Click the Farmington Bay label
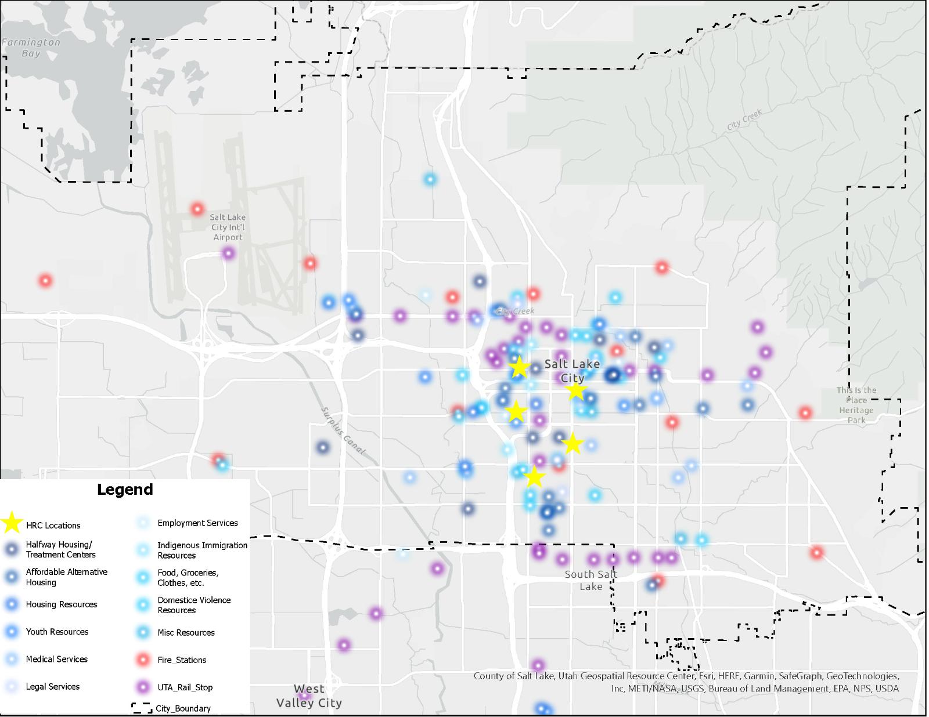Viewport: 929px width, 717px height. click(x=30, y=48)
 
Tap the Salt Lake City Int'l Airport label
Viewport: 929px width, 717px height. click(x=228, y=227)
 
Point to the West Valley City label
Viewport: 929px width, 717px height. click(x=309, y=696)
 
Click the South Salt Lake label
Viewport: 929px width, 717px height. click(x=590, y=580)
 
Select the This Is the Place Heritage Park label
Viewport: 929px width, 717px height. click(x=856, y=405)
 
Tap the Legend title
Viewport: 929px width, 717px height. click(x=125, y=489)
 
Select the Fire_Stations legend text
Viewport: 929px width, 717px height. click(x=182, y=660)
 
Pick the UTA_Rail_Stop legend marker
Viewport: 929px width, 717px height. click(x=143, y=687)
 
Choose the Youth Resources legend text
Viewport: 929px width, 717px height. click(x=57, y=632)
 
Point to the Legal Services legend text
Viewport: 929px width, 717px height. click(x=52, y=686)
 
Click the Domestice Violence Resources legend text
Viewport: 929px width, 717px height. click(x=194, y=604)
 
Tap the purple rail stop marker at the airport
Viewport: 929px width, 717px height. click(x=228, y=253)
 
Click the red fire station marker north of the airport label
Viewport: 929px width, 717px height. click(x=197, y=209)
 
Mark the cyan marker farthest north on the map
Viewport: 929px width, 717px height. click(x=430, y=179)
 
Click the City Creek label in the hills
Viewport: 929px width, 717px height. click(x=744, y=119)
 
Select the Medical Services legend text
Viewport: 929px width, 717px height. click(x=56, y=659)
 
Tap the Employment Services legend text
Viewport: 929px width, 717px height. click(x=197, y=523)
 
